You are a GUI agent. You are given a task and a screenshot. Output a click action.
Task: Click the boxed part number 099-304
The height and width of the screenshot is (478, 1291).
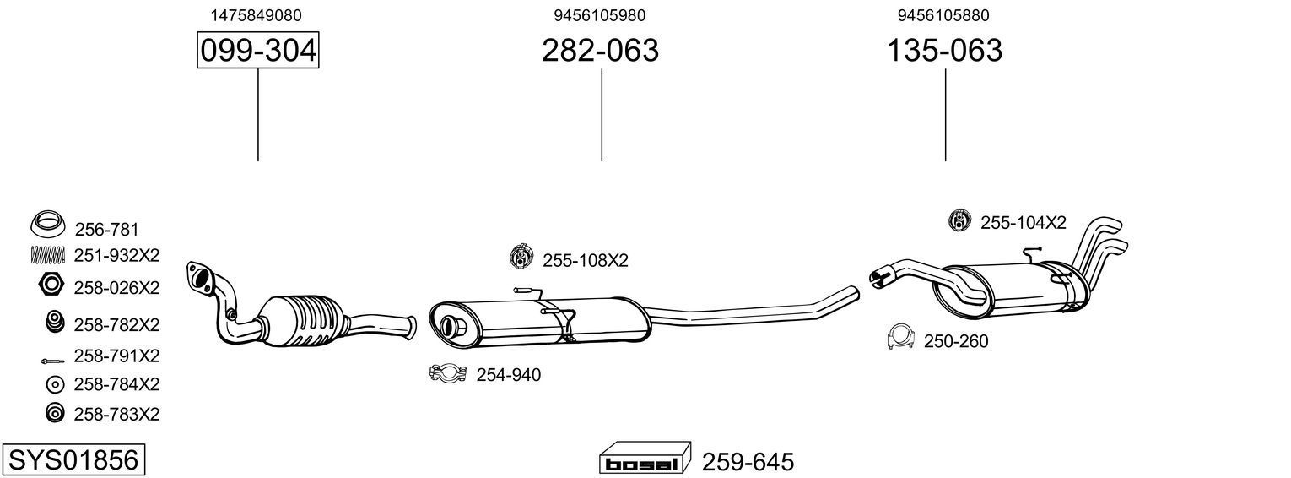pos(258,52)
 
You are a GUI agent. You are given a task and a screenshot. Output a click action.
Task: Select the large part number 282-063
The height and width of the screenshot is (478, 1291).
pos(600,52)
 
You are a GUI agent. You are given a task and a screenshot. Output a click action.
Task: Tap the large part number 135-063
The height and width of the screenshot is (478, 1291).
pos(944,52)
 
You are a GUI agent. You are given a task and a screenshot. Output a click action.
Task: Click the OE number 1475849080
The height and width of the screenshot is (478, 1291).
pos(257,15)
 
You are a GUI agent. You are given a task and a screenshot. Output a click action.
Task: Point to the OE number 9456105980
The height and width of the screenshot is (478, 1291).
pos(600,15)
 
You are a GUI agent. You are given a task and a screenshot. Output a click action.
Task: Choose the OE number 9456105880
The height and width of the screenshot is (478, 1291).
pos(943,15)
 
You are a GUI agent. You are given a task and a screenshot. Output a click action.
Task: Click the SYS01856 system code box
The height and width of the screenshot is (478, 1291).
pos(73,460)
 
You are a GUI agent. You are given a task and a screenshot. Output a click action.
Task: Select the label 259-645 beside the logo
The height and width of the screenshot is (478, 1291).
pos(748,462)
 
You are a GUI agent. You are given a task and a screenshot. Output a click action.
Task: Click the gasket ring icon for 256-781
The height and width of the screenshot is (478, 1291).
pos(49,225)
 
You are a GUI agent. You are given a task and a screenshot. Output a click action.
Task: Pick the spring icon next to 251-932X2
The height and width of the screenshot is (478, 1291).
pos(49,254)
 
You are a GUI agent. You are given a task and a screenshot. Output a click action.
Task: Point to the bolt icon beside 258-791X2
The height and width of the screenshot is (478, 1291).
pos(52,359)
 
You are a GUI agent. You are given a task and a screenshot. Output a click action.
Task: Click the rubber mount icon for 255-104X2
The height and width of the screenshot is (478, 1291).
pos(960,221)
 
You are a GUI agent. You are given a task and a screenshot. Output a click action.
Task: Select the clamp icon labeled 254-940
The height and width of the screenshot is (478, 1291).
pos(450,373)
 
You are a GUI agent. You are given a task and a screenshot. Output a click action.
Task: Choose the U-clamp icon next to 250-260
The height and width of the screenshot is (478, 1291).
pos(901,338)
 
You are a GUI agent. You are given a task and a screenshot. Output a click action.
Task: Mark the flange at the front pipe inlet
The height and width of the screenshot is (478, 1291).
pos(201,277)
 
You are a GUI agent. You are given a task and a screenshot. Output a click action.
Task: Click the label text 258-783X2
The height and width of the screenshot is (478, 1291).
pos(116,414)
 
